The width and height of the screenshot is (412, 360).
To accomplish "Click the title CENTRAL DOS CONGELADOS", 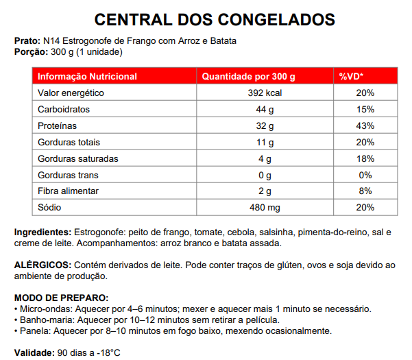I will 206,19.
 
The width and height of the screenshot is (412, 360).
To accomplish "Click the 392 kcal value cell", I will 265,93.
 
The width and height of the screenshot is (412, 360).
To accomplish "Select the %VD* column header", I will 351,76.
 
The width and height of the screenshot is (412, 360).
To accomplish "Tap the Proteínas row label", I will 57,125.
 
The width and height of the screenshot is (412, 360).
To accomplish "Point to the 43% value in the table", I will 365,125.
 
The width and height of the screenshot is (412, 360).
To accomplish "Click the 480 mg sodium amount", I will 265,207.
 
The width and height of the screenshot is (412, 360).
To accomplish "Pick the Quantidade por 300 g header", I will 248,76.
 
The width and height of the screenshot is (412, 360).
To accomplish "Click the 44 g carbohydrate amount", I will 265,109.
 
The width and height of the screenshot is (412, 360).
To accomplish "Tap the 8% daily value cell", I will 365,191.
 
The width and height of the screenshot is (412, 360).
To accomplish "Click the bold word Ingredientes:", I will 43,232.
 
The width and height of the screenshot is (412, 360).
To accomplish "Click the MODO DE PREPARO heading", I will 61,298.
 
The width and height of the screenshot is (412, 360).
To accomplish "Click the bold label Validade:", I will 33,352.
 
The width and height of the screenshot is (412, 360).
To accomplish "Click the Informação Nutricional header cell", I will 87,76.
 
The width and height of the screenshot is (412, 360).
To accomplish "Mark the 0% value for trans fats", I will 365,175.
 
